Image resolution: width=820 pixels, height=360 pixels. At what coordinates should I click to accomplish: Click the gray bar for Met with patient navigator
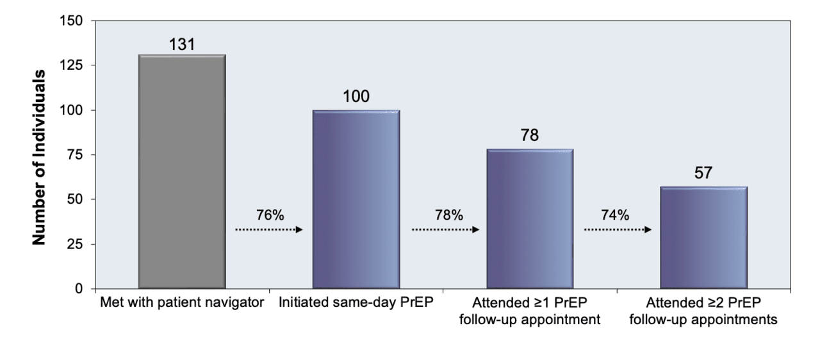(182, 172)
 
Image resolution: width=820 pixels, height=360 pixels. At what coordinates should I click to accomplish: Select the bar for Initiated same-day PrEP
(356, 199)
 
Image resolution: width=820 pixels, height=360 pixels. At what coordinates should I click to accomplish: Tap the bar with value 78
(530, 219)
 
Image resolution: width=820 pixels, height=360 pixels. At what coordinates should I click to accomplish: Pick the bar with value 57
(703, 238)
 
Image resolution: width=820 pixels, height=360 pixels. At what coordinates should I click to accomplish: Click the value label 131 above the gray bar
(182, 45)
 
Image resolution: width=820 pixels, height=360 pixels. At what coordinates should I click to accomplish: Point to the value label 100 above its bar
(356, 96)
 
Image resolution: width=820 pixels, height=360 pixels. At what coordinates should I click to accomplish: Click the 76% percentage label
(270, 215)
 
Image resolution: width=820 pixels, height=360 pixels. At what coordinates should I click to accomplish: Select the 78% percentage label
(449, 215)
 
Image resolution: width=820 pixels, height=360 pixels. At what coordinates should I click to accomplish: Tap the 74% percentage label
(615, 215)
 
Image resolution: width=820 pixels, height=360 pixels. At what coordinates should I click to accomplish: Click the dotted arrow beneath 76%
(269, 230)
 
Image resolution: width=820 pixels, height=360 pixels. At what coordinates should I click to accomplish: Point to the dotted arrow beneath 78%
(445, 230)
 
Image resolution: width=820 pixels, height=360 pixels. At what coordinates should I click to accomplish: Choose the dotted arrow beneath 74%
(618, 230)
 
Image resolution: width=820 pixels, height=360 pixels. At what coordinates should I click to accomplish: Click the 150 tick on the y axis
(71, 21)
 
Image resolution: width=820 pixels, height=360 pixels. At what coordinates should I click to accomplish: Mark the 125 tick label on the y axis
(71, 65)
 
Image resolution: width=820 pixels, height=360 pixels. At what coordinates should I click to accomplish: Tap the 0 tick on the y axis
(79, 289)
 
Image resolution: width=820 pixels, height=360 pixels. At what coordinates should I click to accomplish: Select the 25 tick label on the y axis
(75, 245)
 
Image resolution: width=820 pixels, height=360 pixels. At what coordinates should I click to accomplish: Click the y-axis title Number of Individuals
(39, 158)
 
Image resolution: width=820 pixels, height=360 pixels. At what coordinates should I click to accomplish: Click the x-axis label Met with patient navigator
(182, 302)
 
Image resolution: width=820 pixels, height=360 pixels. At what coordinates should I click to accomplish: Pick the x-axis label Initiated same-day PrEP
(356, 302)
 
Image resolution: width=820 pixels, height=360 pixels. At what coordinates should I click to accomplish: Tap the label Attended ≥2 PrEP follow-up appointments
(703, 311)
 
